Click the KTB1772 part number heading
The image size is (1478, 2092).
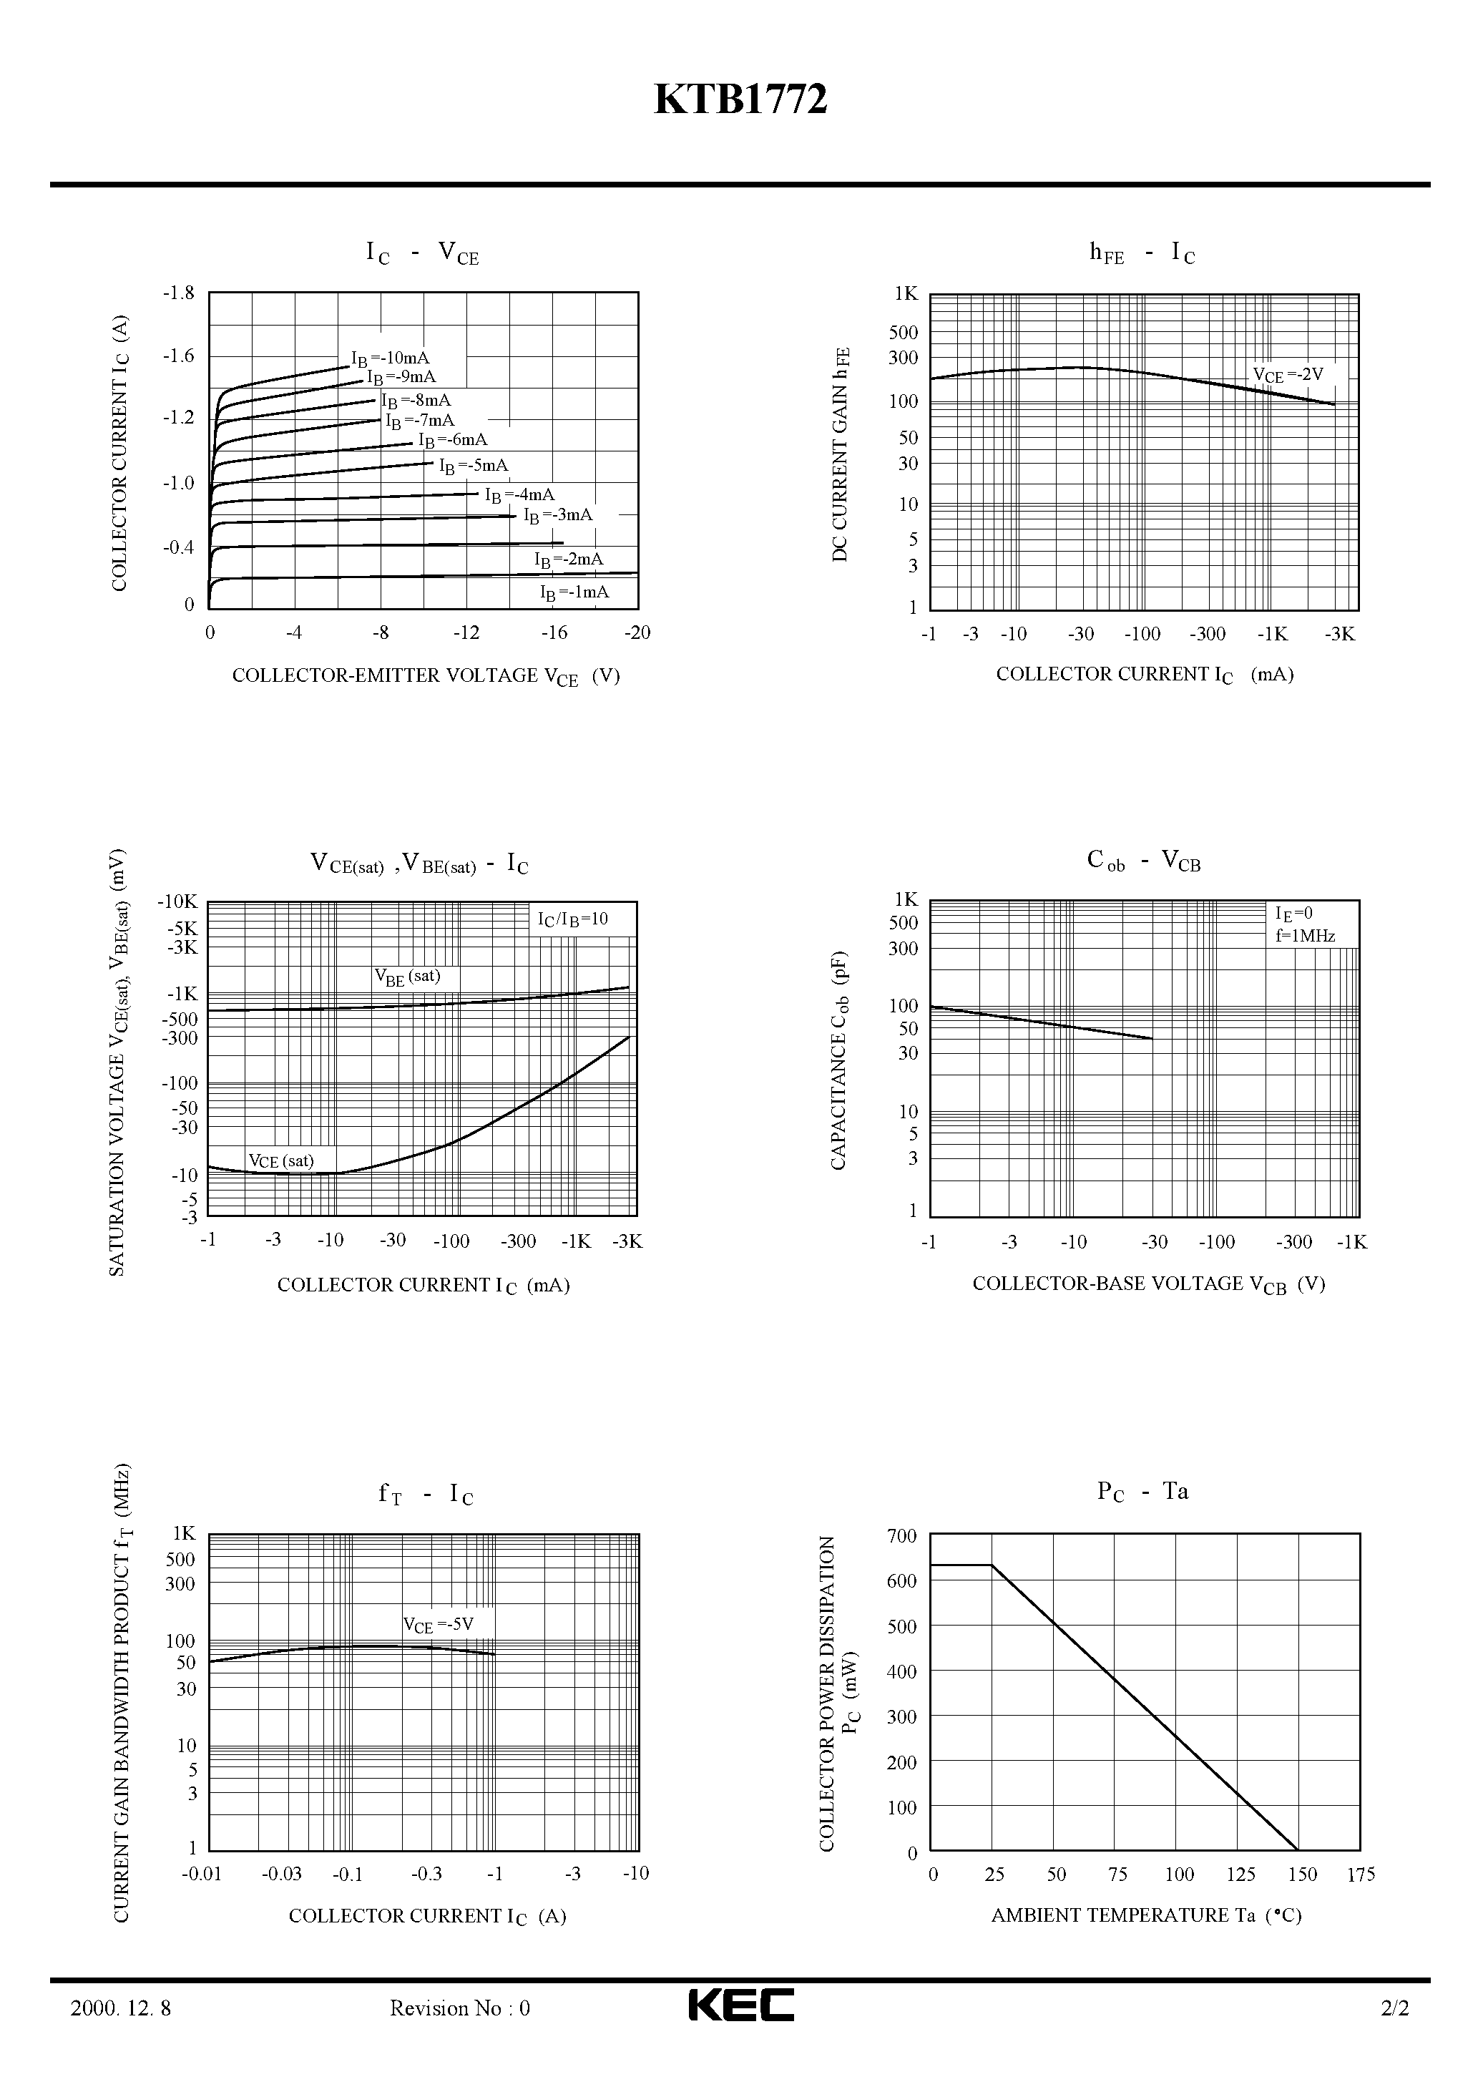(740, 99)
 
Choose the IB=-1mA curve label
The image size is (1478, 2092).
(574, 593)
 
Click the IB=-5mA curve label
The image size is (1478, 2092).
(474, 466)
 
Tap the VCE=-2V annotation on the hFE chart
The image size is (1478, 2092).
(1288, 374)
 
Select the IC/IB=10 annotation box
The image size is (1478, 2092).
(572, 919)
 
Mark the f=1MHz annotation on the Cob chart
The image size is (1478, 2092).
(1305, 936)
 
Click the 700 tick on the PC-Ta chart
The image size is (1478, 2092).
(901, 1537)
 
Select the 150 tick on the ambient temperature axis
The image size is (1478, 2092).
(1302, 1875)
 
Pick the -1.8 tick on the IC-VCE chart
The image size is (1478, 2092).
(179, 293)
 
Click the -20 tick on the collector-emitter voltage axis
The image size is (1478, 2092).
(637, 633)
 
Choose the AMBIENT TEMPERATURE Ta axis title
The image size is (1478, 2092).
(1145, 1916)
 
